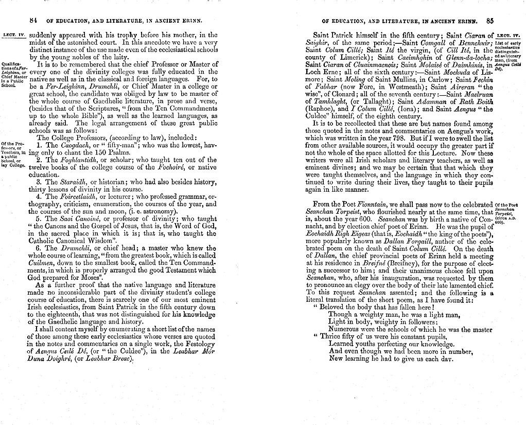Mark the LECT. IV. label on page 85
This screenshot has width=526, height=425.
click(x=506, y=35)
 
